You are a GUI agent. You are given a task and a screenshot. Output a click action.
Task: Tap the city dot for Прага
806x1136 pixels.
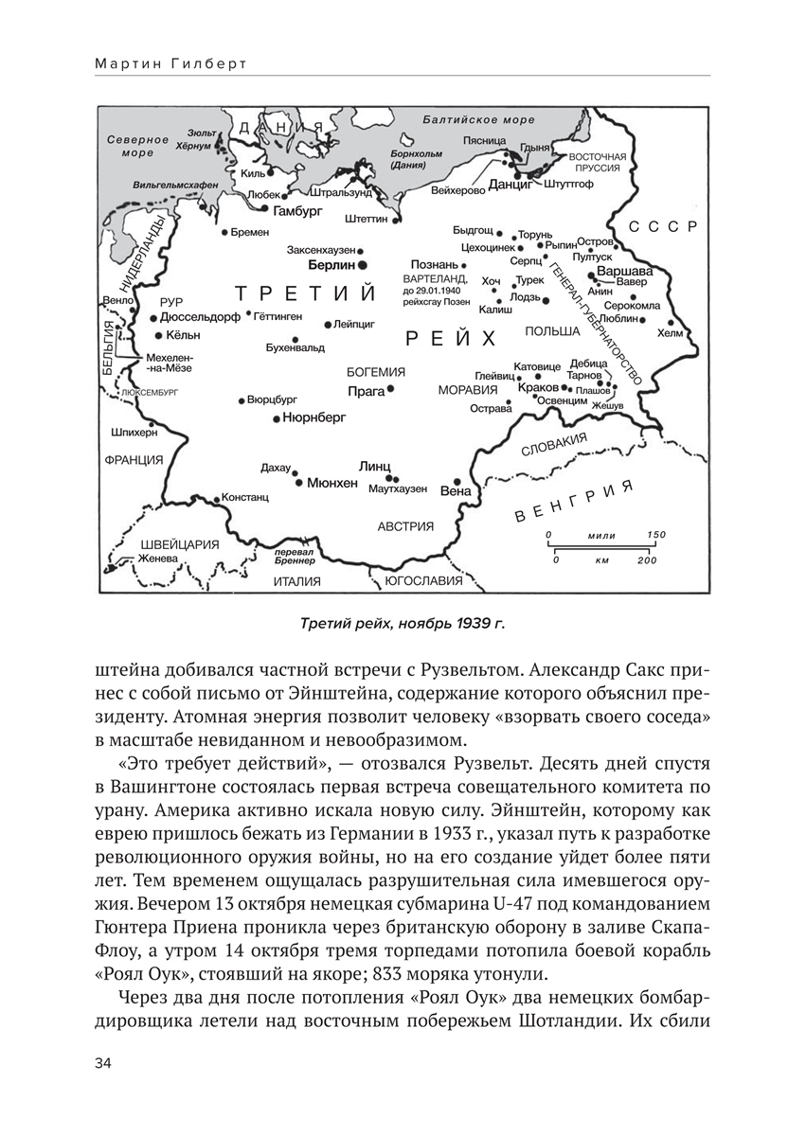(389, 388)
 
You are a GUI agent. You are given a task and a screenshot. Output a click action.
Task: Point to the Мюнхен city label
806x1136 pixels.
(332, 482)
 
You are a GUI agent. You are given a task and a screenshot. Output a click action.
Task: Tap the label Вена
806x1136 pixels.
(456, 491)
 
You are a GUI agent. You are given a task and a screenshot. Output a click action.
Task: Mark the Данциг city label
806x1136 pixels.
(512, 186)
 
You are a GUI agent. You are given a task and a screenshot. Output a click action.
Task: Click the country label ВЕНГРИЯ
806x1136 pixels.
(572, 503)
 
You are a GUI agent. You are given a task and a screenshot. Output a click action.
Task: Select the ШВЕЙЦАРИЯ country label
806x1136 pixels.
(179, 544)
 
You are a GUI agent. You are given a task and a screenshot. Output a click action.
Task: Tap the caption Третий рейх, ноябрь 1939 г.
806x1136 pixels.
(403, 624)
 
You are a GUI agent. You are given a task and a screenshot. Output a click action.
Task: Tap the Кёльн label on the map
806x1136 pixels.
(184, 336)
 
